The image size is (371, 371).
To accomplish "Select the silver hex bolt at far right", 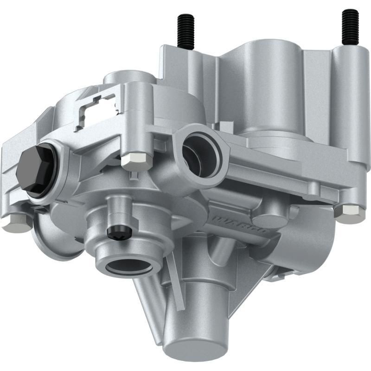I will (x=351, y=212).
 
